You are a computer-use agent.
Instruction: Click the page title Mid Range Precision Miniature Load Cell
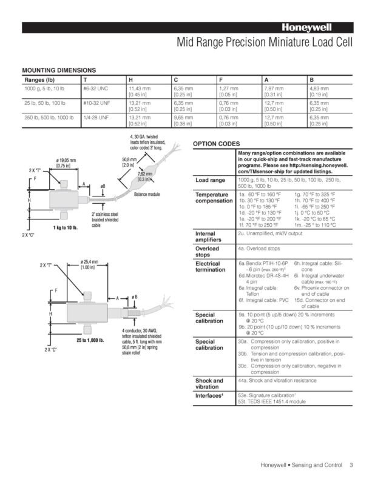pyautogui.click(x=263, y=43)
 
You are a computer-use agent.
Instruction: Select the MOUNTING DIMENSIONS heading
pyautogui.click(x=59, y=71)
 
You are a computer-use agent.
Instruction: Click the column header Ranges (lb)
pyautogui.click(x=39, y=79)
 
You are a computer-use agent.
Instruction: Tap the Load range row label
pyautogui.click(x=210, y=180)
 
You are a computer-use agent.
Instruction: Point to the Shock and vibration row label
pyautogui.click(x=209, y=384)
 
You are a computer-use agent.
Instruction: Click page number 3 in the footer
pyautogui.click(x=351, y=466)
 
